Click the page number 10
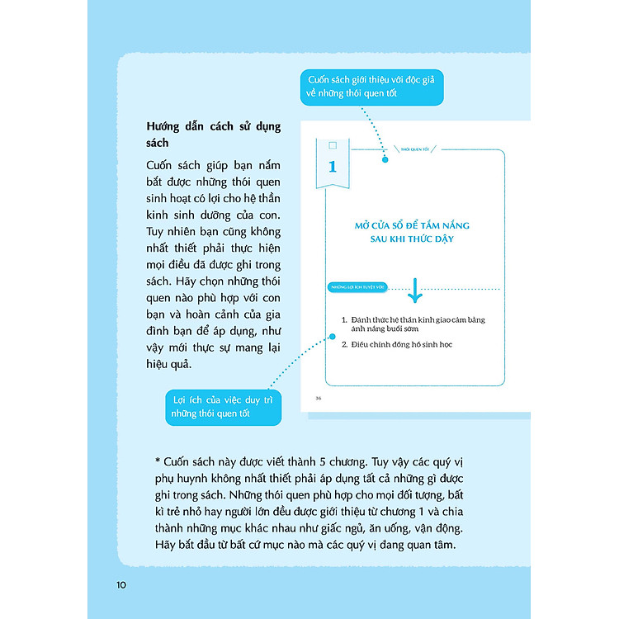tap(120, 585)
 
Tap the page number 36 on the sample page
tap(319, 398)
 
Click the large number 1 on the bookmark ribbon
tap(333, 166)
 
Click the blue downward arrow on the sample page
tap(414, 290)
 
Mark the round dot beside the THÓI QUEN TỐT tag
tap(385, 158)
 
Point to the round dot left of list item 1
tap(333, 337)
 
